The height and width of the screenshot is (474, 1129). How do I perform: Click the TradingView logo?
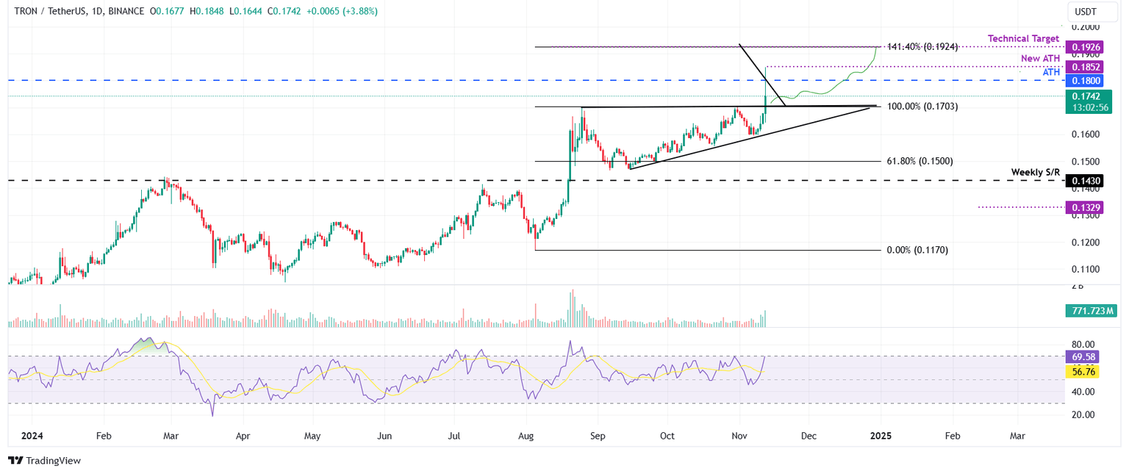[x=45, y=461]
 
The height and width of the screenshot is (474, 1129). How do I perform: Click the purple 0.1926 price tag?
[x=1086, y=46]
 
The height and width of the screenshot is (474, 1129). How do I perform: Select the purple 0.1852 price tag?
[x=1086, y=67]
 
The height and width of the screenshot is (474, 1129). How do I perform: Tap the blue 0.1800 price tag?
[x=1086, y=80]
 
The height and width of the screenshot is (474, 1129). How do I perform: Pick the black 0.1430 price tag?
[x=1086, y=180]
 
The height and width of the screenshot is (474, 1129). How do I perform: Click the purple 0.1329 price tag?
[x=1086, y=208]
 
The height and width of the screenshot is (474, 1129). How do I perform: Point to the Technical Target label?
[x=1023, y=38]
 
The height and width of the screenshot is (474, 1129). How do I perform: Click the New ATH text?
[x=1040, y=58]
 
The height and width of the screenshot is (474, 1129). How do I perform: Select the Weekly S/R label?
[x=1035, y=172]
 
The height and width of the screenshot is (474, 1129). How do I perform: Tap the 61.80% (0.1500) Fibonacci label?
[x=920, y=161]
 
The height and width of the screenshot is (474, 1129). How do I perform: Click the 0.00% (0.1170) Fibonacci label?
[x=917, y=250]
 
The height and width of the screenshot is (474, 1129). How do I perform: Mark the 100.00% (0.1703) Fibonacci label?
[x=922, y=107]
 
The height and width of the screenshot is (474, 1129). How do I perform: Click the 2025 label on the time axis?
[x=881, y=436]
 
